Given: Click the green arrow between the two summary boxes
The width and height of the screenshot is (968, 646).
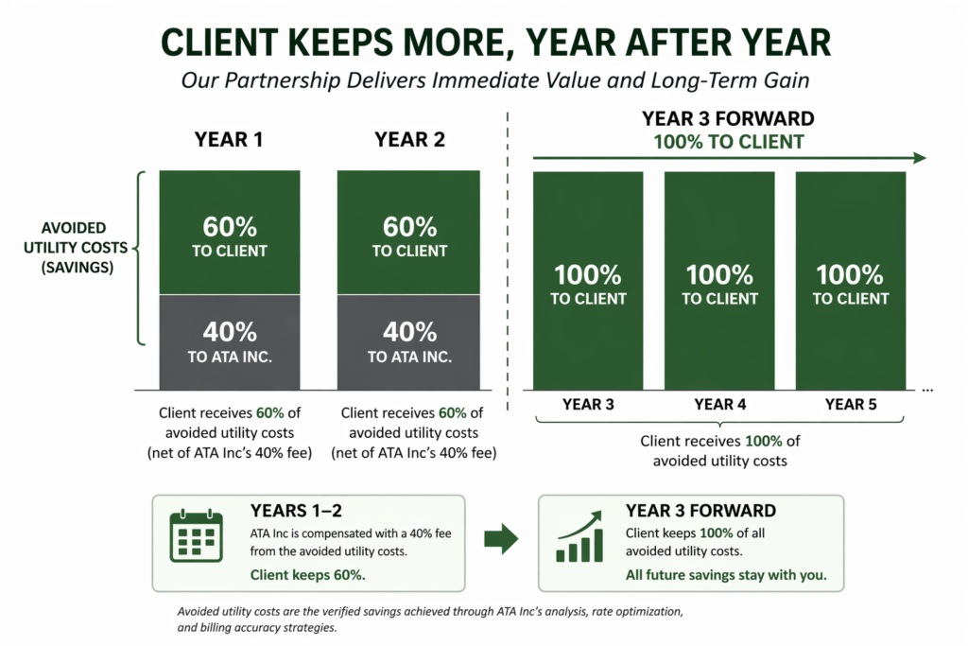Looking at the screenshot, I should tap(500, 540).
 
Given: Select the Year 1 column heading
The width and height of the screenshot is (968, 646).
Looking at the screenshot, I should tap(229, 140).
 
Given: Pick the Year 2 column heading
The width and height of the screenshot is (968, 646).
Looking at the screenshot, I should tap(408, 140).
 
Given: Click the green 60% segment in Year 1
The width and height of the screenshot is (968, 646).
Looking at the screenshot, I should tap(230, 233).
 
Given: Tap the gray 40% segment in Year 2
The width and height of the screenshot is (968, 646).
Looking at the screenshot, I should tap(408, 341).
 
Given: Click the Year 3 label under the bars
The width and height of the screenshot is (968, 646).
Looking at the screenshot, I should tap(588, 404).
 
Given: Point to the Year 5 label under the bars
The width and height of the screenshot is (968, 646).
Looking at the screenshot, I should tap(851, 404).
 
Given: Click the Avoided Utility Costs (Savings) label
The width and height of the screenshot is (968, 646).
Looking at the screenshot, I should tap(74, 248).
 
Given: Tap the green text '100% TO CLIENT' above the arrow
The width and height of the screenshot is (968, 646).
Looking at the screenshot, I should tap(729, 143).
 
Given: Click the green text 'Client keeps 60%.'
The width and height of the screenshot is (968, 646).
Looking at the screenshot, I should tap(308, 574).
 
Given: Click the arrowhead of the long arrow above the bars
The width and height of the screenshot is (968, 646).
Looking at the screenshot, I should tap(919, 159).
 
